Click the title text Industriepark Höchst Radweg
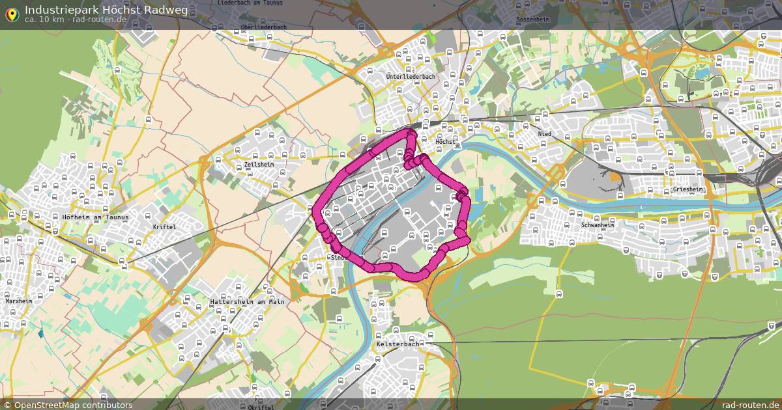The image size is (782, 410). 106,9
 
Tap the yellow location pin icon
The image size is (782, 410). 12,14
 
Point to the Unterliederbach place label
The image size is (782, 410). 411,77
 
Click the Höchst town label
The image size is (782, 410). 446,141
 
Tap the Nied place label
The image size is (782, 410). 544,134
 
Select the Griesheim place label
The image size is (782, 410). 688,190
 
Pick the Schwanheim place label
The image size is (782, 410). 598,225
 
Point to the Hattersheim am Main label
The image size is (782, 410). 247,302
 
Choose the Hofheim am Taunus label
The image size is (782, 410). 95,217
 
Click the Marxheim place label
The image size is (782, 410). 18,301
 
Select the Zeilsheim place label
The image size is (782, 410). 259,165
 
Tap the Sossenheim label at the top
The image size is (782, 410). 532,20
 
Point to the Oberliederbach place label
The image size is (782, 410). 263,27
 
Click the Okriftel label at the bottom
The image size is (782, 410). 261,407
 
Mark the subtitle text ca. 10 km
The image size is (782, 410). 44,20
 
